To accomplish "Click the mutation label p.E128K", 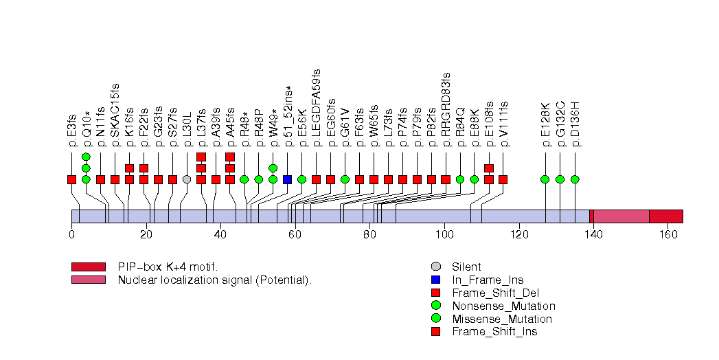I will coord(545,124).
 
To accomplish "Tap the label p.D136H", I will coord(575,124).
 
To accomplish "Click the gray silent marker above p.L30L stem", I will coord(187,179).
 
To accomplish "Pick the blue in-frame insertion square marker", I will coord(288,179).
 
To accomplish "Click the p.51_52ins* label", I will coord(288,117).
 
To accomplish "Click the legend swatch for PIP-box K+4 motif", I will coord(88,267).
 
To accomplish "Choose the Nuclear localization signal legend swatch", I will coord(88,280).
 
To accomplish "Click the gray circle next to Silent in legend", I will coord(435,267).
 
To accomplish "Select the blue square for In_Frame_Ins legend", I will coord(435,280).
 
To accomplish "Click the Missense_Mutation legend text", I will coord(501,319).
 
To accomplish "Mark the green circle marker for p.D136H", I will coord(575,179).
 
